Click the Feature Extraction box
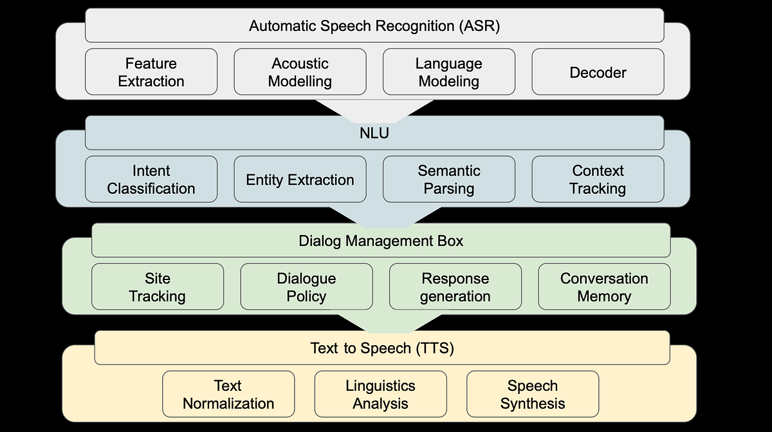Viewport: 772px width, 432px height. tap(151, 72)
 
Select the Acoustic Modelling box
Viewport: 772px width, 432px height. tap(300, 72)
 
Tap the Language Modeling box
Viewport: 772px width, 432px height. tap(448, 72)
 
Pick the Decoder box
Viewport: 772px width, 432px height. tap(598, 72)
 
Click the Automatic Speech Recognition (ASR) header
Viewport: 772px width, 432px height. tap(374, 26)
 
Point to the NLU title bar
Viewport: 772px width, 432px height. tap(374, 133)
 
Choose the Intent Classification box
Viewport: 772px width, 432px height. tap(151, 180)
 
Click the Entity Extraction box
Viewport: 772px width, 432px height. tap(300, 180)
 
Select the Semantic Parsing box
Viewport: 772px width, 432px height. tap(448, 180)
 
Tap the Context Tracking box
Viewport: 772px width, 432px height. tap(598, 180)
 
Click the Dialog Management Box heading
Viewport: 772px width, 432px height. tap(381, 241)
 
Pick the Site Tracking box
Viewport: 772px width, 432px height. tap(158, 287)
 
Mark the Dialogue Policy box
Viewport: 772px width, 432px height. tap(306, 287)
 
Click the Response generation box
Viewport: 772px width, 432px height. tap(455, 287)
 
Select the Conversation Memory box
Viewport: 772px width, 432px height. tap(604, 287)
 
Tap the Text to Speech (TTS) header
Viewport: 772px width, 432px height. tap(382, 348)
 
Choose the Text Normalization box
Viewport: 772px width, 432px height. tap(228, 394)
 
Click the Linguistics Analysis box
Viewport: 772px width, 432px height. tap(380, 394)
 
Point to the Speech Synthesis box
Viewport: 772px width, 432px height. tap(532, 394)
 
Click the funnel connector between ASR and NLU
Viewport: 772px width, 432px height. tap(374, 109)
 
